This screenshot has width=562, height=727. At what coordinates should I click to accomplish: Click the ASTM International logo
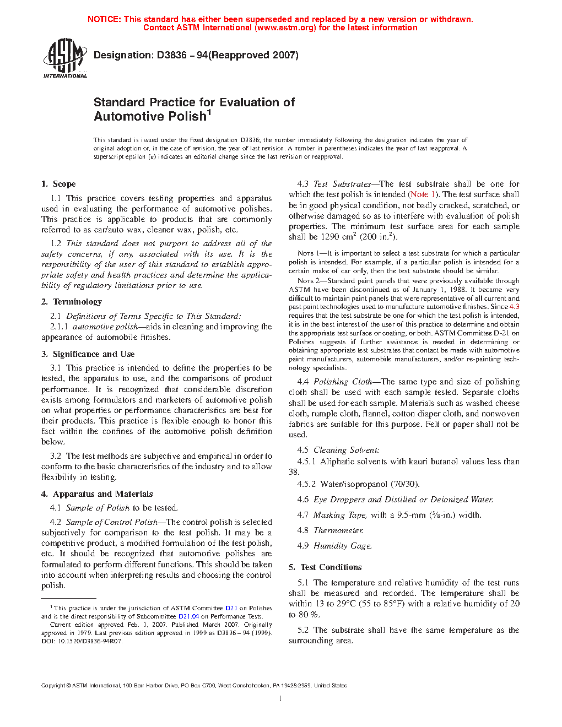(65, 58)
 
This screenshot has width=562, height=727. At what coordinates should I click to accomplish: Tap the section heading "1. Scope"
(58, 184)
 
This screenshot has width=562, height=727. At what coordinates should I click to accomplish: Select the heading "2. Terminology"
(72, 302)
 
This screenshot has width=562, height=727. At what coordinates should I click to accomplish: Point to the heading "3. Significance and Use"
(88, 354)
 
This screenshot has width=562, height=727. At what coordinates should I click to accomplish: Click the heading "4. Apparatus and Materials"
(97, 494)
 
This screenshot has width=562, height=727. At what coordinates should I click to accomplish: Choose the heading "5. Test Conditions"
(325, 567)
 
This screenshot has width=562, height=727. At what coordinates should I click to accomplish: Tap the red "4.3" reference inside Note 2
(514, 307)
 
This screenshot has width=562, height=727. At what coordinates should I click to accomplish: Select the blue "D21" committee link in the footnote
(231, 608)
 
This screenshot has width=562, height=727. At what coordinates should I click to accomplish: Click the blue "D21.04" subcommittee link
(188, 616)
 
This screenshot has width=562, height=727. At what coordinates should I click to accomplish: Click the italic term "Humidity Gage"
(342, 546)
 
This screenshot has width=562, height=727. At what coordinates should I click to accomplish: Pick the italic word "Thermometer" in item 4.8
(338, 530)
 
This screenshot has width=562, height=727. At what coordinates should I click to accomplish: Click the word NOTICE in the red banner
(104, 19)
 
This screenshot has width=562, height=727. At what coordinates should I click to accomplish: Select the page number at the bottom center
(280, 699)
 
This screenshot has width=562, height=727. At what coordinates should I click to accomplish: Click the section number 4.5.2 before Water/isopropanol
(306, 484)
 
